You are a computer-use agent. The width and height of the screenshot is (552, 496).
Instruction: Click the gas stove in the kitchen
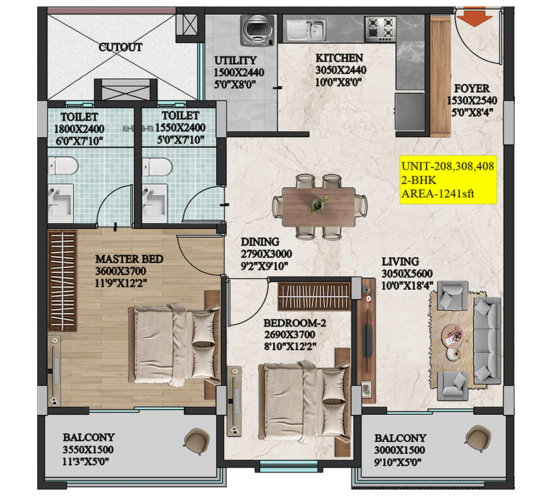coord(380,28)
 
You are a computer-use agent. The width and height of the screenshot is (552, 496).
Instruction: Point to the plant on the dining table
coord(317,204)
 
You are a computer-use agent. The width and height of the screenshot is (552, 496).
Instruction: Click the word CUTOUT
coord(121,47)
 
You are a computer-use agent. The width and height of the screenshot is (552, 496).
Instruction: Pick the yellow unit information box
coord(448,180)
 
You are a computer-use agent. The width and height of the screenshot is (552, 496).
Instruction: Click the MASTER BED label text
coord(129,259)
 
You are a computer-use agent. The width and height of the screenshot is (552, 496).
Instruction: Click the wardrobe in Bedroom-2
coord(315,297)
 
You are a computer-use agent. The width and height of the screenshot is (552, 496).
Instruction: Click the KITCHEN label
coord(339,58)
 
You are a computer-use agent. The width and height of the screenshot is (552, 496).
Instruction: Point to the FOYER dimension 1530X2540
coord(472,101)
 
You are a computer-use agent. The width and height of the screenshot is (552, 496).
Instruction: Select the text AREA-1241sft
coord(437,193)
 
